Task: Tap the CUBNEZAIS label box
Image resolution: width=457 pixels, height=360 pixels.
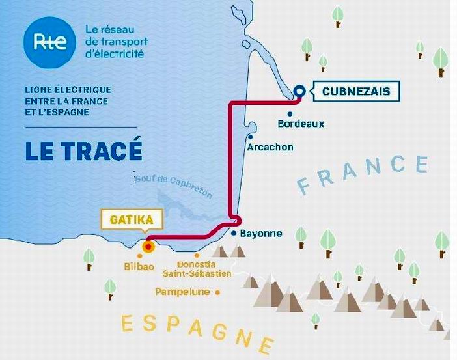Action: tap(356, 91)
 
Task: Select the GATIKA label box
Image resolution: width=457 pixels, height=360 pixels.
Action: tap(131, 220)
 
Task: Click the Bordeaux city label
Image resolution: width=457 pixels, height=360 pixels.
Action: tap(301, 123)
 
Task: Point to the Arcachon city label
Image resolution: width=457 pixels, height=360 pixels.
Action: tap(270, 147)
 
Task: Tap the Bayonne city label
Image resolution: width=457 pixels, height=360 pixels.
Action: tap(261, 233)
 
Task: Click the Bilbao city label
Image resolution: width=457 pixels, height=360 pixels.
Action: tap(140, 266)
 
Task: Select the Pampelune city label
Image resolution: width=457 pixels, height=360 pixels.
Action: tap(182, 292)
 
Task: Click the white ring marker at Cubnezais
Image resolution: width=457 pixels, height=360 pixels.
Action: tap(299, 91)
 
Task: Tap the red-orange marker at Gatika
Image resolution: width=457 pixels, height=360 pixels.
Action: tap(148, 246)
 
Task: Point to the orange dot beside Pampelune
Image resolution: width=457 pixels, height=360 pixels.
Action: tap(218, 292)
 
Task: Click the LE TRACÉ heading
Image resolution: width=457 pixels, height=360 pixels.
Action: tap(84, 150)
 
